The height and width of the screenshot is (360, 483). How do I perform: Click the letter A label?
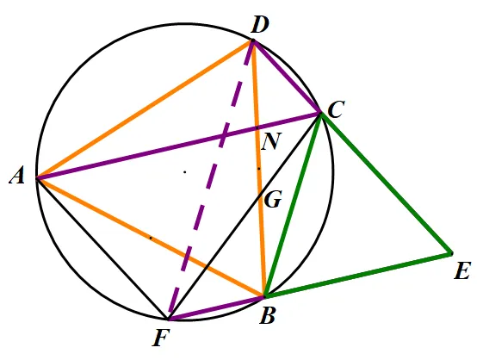point(17,177)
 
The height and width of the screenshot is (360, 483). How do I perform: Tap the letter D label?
point(260,25)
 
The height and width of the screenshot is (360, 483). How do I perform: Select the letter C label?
point(336,109)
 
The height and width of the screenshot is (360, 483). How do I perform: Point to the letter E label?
point(462,271)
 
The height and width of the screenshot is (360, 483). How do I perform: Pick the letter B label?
point(267,315)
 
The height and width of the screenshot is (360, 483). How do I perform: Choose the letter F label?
point(161,338)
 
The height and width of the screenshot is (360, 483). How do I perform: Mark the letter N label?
point(271,141)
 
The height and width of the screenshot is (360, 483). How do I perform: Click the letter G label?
point(273,200)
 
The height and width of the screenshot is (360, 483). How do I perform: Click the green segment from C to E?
point(387,183)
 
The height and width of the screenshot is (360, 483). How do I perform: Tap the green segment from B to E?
point(358,275)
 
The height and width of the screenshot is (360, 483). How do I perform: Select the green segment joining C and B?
point(293,205)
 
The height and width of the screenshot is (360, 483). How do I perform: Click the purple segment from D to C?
point(286,77)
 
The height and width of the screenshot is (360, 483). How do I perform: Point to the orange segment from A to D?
point(144,109)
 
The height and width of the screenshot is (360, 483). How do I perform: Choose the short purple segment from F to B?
point(216,308)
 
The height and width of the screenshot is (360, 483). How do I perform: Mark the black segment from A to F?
point(102,248)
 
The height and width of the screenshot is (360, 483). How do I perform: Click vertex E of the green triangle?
point(451,254)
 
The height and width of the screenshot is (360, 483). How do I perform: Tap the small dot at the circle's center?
point(185,172)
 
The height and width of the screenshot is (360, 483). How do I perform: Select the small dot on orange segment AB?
point(151,238)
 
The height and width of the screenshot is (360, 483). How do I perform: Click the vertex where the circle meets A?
point(37,178)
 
